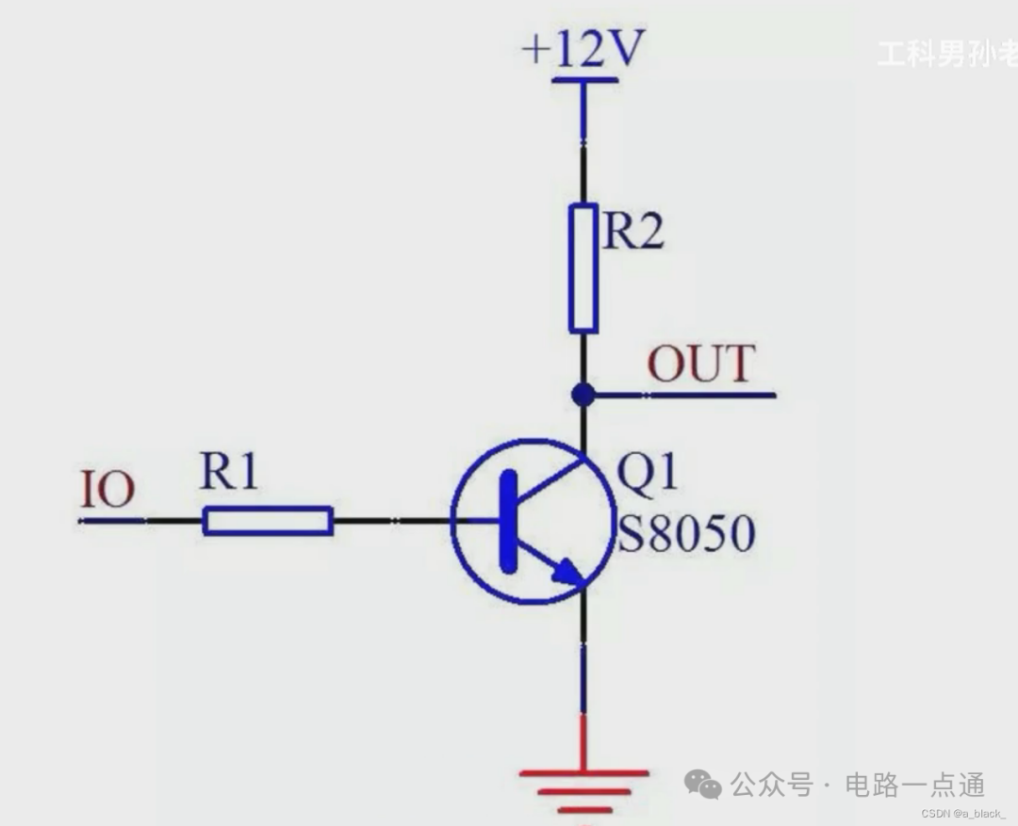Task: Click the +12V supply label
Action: (x=583, y=48)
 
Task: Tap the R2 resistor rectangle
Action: (x=583, y=268)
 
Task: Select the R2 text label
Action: (x=632, y=230)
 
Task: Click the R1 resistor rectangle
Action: (x=268, y=521)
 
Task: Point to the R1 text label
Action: (x=228, y=473)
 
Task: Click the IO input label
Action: (x=107, y=491)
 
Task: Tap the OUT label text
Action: (x=700, y=364)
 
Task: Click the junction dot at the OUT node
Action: (x=583, y=395)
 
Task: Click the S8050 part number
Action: (x=686, y=535)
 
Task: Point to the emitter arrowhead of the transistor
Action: (x=566, y=572)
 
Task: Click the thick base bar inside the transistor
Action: (x=509, y=521)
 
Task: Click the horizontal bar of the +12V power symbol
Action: (x=583, y=81)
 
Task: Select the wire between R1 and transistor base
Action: (x=391, y=521)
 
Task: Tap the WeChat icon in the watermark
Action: (x=703, y=784)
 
